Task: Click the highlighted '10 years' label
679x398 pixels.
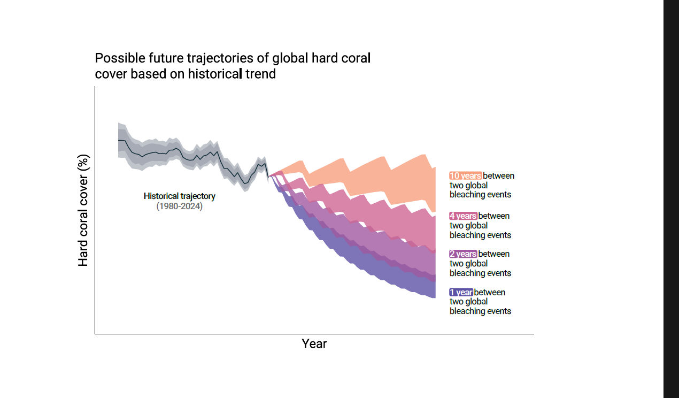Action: tap(465, 175)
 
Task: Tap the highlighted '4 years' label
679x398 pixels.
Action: tap(463, 216)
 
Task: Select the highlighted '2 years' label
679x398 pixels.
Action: tap(463, 254)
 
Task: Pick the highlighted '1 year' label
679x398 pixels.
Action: tap(461, 292)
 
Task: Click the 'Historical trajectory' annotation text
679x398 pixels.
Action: tap(180, 196)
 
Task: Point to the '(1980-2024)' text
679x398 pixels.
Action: tap(180, 206)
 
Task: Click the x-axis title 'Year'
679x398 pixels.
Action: tap(314, 343)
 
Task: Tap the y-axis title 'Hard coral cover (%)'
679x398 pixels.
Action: tap(83, 210)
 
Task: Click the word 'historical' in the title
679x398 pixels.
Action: tap(214, 74)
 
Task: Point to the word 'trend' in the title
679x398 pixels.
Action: tap(261, 74)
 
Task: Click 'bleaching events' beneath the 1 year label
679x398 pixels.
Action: tap(480, 311)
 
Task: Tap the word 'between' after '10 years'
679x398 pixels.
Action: tap(499, 175)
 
